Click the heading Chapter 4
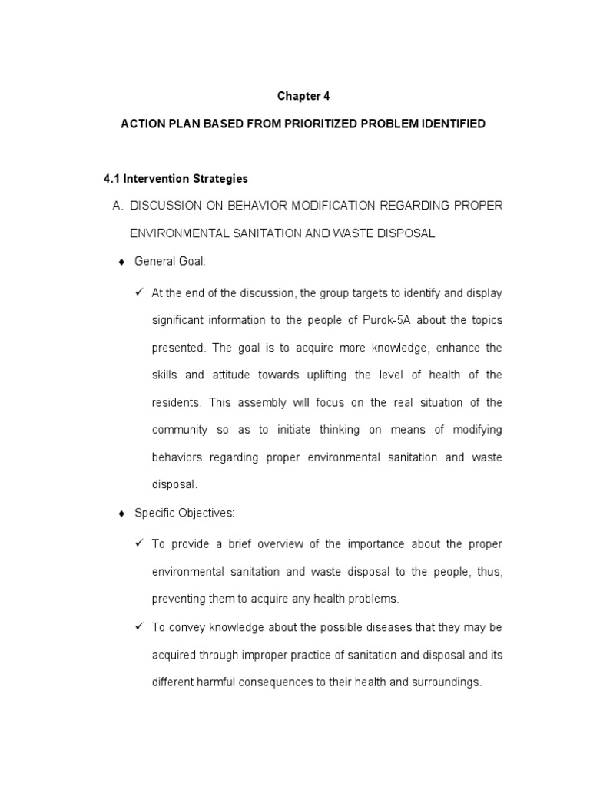303,96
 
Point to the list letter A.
118,206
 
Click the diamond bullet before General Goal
121,263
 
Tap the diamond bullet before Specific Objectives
121,514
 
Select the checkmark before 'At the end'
139,292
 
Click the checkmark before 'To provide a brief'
139,543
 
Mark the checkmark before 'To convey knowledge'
139,627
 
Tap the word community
180,430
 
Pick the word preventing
177,599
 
